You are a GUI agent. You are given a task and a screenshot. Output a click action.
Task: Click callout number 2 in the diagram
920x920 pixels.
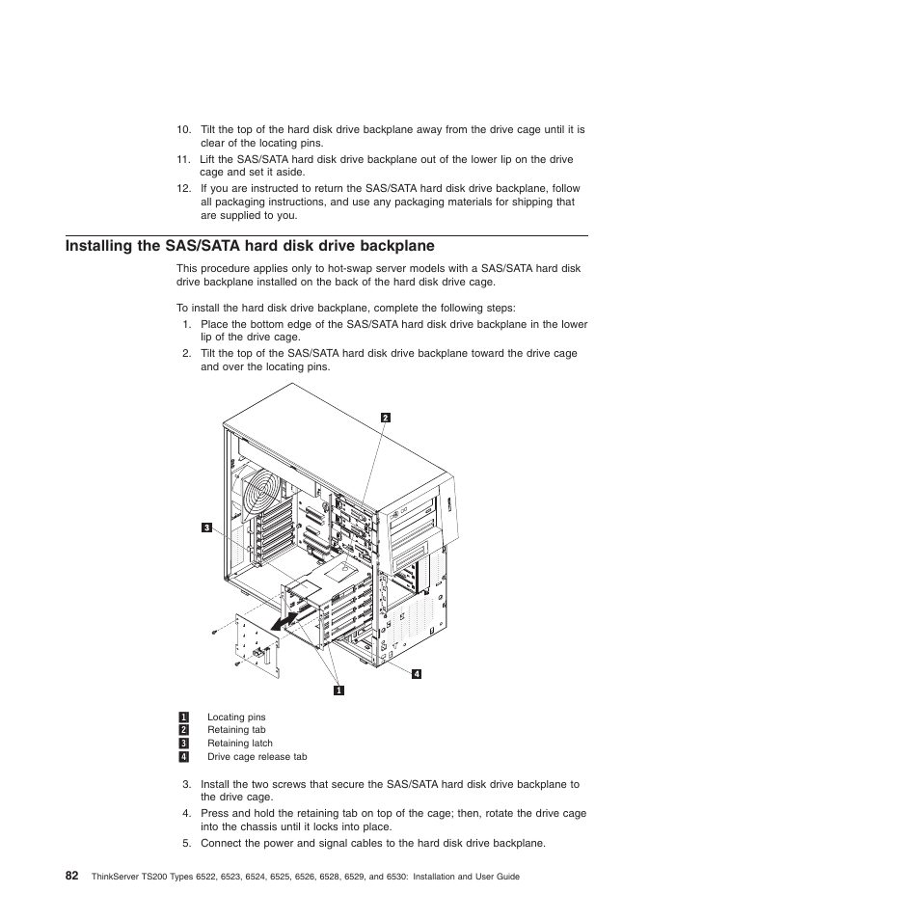385,418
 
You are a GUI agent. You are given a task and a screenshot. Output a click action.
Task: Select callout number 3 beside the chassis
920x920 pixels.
206,527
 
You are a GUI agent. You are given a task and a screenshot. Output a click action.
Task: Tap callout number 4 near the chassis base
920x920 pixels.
417,673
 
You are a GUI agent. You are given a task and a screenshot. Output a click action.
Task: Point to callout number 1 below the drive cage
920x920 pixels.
339,690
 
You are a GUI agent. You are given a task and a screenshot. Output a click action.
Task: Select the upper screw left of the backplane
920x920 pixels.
214,633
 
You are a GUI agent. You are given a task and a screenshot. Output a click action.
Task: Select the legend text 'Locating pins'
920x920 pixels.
236,717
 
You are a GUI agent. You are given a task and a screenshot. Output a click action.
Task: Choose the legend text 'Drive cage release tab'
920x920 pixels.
257,757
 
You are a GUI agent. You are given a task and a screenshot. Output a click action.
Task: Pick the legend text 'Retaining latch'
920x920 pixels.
240,744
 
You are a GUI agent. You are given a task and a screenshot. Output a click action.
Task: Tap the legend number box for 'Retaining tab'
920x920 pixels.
182,730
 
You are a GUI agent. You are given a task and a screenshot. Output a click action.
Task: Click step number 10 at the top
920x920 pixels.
183,130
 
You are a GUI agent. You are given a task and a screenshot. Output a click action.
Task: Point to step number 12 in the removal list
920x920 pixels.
183,189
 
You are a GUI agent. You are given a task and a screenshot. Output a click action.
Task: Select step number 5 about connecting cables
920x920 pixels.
187,844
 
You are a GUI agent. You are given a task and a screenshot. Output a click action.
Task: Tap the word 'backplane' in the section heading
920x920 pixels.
388,246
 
